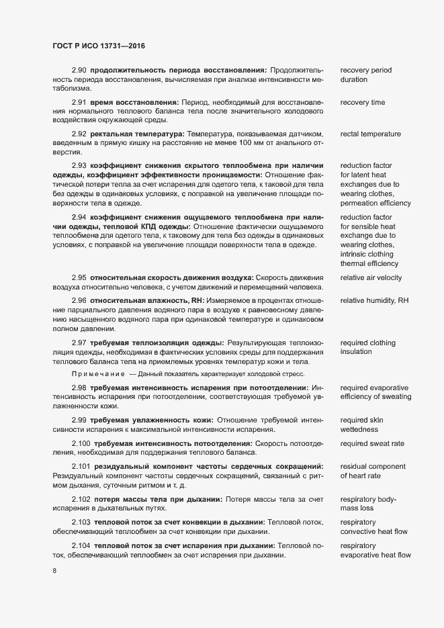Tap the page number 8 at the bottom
coord(54,571)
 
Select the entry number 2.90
coord(79,70)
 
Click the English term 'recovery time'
coord(363,102)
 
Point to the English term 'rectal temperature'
coord(371,134)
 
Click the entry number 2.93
coord(79,165)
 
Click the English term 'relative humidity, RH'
coord(374,300)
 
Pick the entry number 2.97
coord(79,343)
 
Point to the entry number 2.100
coord(81,443)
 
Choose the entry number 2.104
coord(81,545)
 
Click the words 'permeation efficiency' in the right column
coord(375,202)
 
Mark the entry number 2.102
coord(81,499)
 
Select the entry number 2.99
coord(79,420)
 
